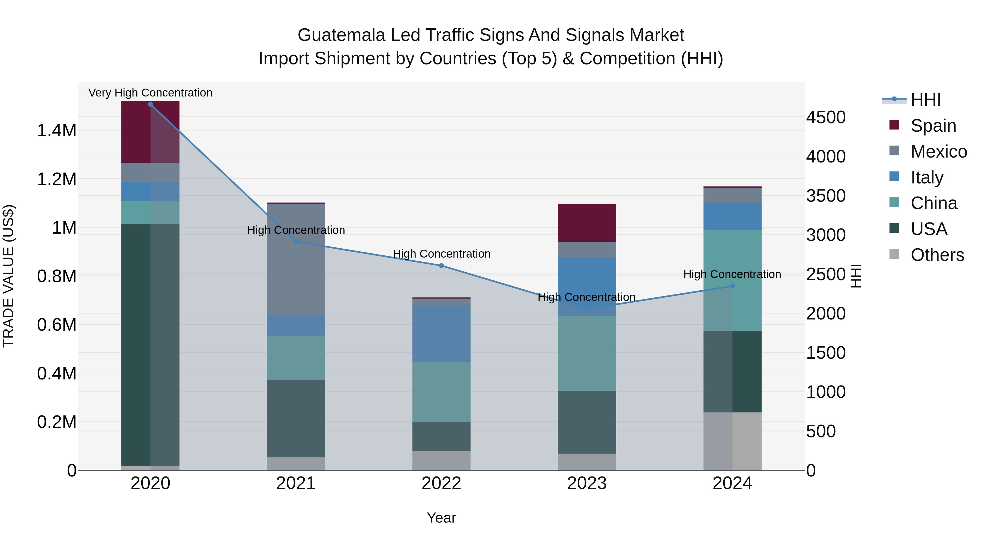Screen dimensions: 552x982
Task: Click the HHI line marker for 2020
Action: (150, 104)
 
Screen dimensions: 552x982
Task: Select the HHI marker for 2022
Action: (441, 266)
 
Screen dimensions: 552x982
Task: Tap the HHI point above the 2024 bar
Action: (732, 286)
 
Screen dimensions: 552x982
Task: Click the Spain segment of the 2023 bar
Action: (587, 223)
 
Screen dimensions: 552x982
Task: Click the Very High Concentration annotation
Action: (150, 93)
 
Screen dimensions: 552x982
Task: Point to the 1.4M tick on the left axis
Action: (56, 131)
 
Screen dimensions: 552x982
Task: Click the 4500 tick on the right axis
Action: (826, 117)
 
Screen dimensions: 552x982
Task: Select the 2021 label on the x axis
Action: (296, 483)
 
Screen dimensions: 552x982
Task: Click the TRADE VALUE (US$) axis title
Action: (8, 276)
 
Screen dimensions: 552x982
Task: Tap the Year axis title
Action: (441, 518)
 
